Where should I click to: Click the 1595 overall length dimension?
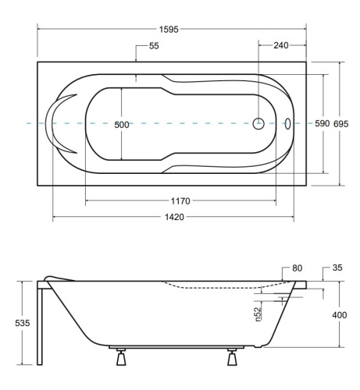click(x=169, y=30)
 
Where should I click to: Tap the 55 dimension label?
click(x=154, y=46)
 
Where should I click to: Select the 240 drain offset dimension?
click(x=281, y=45)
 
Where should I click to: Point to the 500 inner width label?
click(x=122, y=125)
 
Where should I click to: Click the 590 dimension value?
click(x=323, y=123)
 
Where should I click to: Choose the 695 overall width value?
click(x=341, y=124)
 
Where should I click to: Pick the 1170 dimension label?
click(x=180, y=201)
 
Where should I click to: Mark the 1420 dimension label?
click(x=174, y=217)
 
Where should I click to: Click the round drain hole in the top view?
click(x=258, y=123)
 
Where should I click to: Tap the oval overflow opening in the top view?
click(x=287, y=124)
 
